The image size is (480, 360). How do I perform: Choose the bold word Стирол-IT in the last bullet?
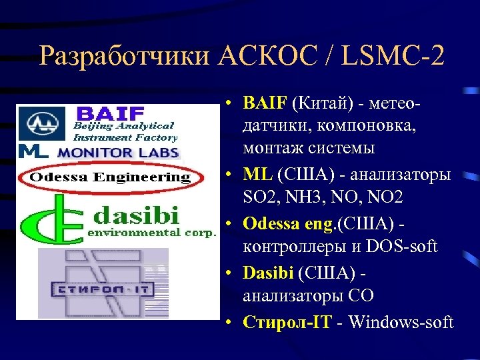click(285, 322)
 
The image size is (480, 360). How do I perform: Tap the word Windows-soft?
click(400, 322)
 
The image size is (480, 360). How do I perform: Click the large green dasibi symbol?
click(47, 219)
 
